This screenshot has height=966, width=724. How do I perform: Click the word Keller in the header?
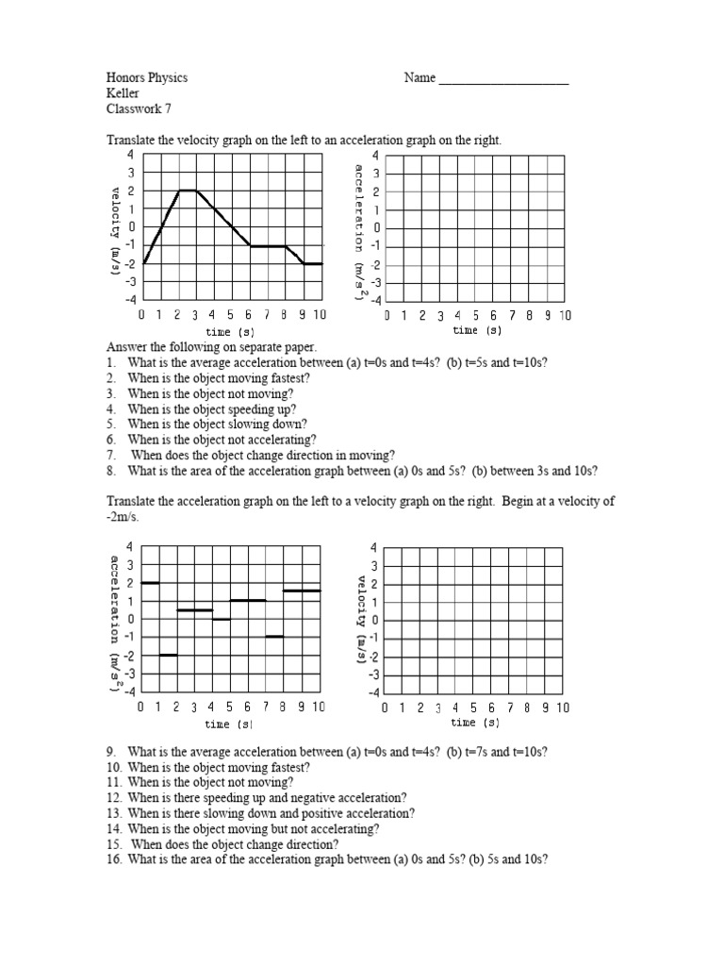[123, 93]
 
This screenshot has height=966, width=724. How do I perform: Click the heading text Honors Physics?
[146, 78]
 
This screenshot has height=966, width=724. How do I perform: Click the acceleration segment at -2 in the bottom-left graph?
[168, 655]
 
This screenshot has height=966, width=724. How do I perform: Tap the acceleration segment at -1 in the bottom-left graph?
[275, 637]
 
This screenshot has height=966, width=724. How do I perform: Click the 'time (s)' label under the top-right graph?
[476, 331]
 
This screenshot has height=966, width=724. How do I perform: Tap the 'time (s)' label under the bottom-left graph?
[229, 724]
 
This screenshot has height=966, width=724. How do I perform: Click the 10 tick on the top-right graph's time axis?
[564, 316]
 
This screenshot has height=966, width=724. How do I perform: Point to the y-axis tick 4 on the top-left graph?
[131, 155]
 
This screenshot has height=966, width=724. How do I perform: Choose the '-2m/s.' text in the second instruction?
[127, 518]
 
